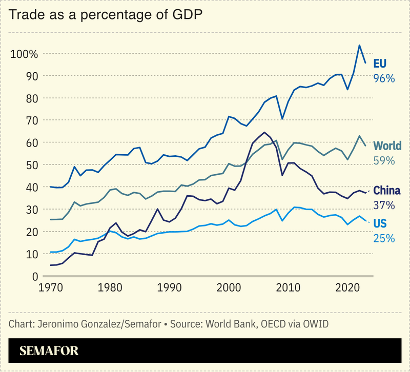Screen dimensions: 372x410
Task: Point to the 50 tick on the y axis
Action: (31, 165)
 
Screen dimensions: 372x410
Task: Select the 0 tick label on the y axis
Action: (35, 276)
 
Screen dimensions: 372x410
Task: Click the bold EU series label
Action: (380, 64)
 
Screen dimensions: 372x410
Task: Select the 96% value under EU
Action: (384, 78)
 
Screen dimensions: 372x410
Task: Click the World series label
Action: (387, 146)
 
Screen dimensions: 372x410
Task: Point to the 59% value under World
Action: (384, 160)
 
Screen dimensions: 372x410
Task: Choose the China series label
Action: (387, 191)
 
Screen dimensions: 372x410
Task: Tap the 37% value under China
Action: (384, 205)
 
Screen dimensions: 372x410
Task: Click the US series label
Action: (380, 223)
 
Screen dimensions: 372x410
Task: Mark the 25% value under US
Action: (384, 238)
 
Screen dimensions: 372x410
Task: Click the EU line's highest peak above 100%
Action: (360, 45)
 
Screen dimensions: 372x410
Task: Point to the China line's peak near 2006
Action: (264, 132)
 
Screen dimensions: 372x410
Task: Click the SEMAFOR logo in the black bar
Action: (49, 352)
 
